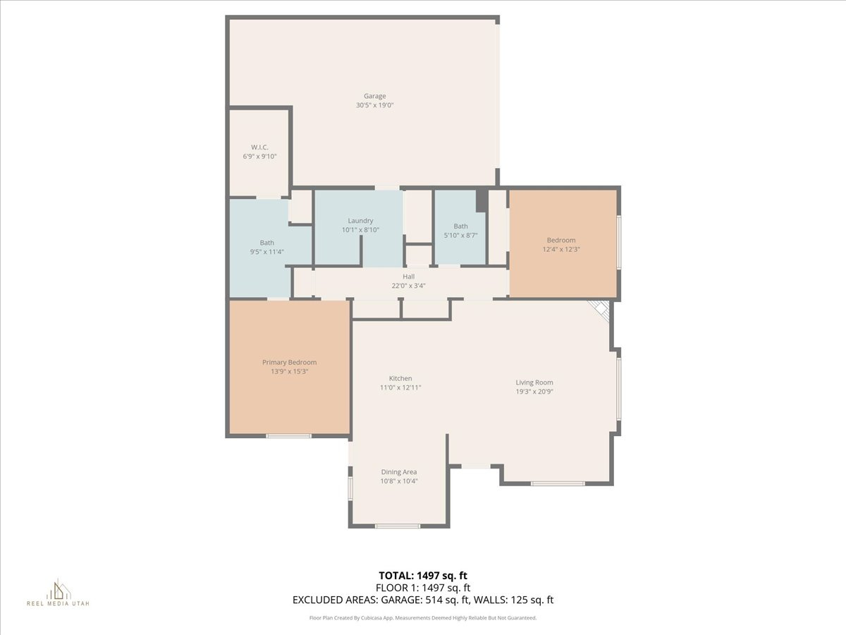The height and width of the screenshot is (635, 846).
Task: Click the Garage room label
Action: [374, 96]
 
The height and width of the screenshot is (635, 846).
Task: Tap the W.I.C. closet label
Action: [259, 147]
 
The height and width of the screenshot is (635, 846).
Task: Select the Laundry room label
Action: [360, 220]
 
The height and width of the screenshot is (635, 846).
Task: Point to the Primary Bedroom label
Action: [289, 362]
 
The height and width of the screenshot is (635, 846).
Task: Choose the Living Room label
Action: [534, 382]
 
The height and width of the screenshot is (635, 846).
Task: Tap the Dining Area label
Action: [399, 472]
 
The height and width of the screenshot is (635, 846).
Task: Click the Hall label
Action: [408, 277]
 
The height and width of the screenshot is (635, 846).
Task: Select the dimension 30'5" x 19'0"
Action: [374, 105]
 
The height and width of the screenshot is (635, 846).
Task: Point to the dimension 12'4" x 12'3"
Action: [561, 249]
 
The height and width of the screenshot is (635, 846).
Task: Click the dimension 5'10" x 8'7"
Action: [460, 235]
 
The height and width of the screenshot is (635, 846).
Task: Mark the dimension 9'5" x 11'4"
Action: [266, 251]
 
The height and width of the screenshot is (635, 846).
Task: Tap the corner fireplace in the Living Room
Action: [599, 309]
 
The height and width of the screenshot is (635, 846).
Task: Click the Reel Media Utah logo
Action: [58, 593]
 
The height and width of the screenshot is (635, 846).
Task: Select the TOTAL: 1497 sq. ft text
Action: [422, 576]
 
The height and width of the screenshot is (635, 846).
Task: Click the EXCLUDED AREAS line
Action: [423, 600]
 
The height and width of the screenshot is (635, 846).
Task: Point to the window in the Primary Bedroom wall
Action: [288, 435]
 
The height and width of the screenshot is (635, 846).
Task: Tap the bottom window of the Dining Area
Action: [398, 526]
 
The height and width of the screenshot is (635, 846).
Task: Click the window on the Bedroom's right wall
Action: [618, 242]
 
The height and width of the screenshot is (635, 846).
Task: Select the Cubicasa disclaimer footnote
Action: [423, 617]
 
